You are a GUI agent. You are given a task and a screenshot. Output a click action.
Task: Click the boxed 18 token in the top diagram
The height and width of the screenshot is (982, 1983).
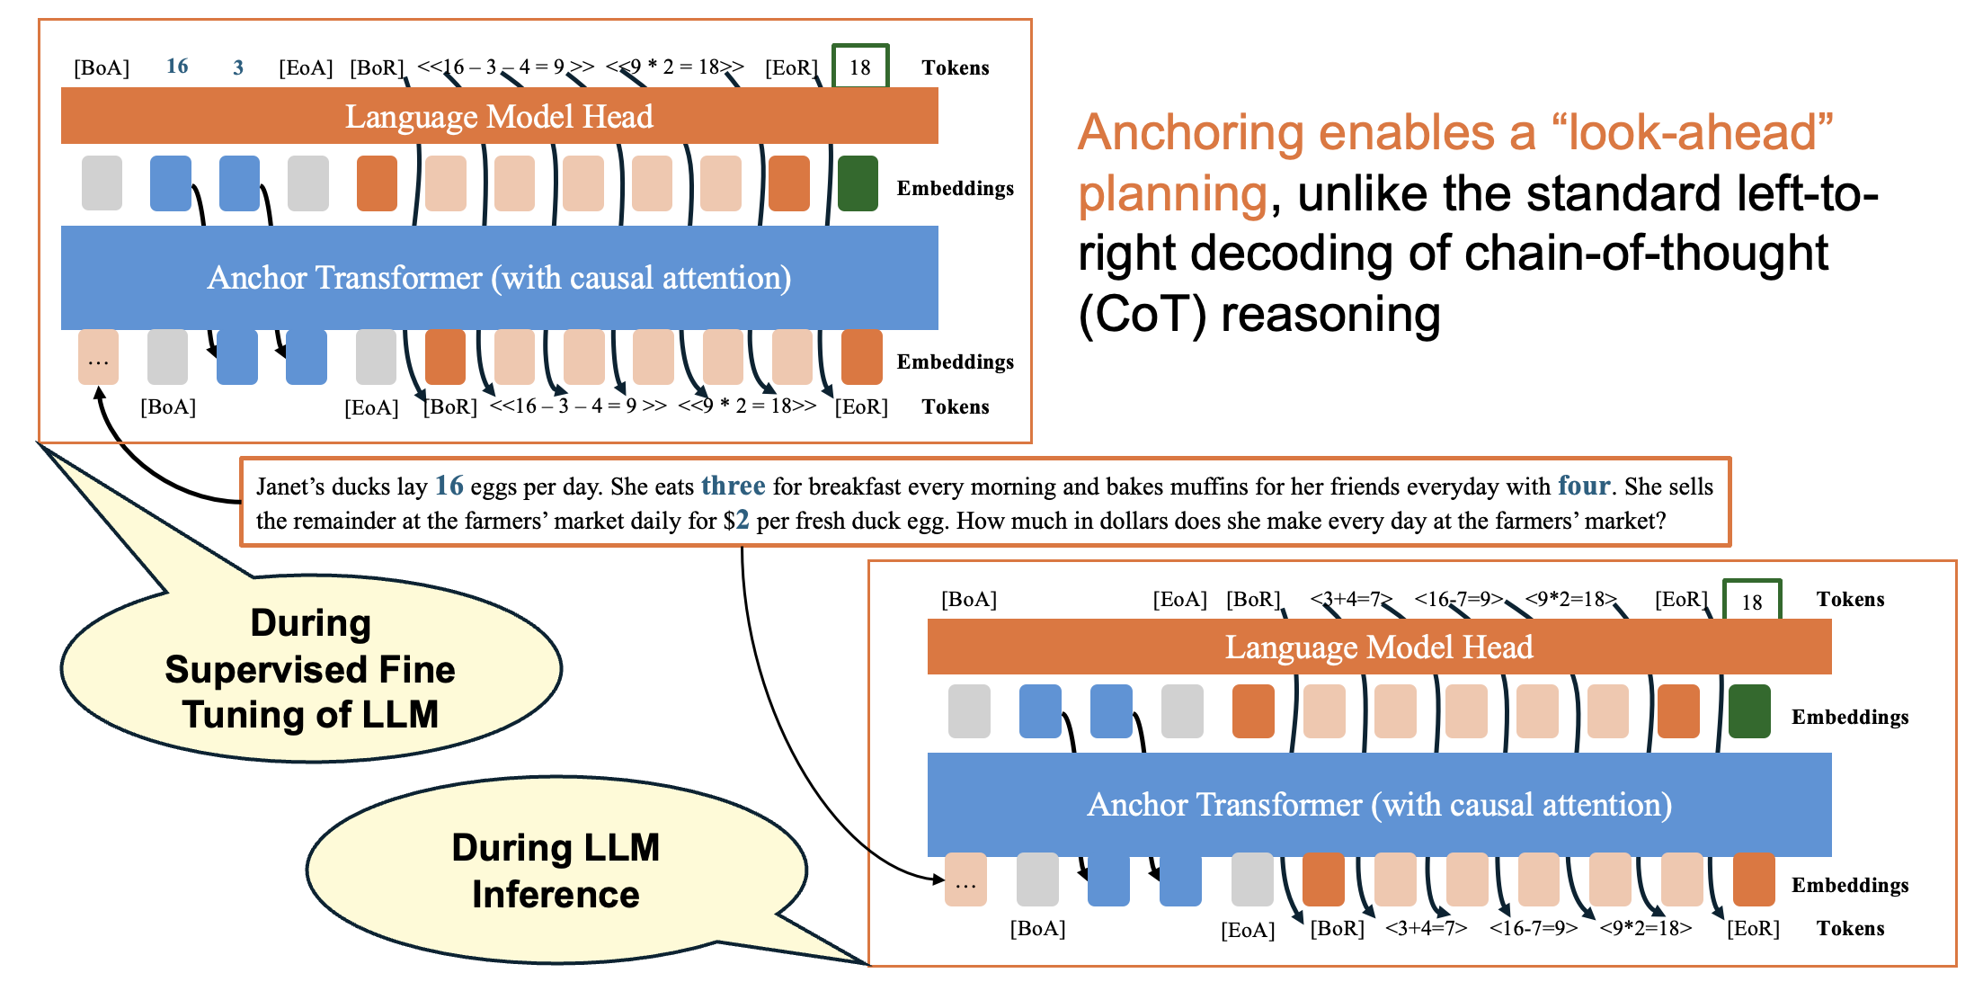[860, 66]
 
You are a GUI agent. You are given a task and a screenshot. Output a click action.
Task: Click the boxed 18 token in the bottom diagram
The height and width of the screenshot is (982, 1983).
[1752, 601]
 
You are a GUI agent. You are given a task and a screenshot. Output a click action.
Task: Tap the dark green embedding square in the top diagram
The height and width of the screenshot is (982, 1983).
[858, 183]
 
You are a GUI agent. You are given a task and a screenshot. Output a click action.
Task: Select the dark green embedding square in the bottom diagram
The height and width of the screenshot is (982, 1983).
[1749, 711]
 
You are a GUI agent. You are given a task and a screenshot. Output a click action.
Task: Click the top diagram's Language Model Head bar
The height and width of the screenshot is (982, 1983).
[500, 116]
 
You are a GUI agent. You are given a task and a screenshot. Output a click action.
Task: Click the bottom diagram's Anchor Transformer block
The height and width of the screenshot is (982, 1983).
[1380, 804]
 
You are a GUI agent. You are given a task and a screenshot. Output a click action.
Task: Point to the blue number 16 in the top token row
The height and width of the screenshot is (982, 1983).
[177, 66]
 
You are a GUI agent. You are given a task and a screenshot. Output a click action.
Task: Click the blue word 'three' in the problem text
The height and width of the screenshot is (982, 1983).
[734, 486]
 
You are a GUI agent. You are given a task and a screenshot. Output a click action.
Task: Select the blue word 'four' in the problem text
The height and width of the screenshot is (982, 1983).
[1584, 486]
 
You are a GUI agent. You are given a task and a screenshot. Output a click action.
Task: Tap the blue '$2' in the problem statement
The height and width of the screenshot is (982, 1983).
[736, 521]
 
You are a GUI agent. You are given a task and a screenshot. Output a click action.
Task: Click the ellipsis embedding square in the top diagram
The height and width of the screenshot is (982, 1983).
[98, 357]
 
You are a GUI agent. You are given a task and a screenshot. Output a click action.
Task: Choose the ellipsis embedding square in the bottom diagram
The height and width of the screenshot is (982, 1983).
[965, 879]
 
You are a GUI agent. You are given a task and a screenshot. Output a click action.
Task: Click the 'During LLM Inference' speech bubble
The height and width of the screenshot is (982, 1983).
[556, 870]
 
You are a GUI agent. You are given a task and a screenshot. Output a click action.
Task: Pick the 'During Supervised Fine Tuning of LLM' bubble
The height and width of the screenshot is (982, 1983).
[311, 668]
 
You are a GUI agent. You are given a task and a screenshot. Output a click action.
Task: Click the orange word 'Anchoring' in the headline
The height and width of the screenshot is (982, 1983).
[1190, 132]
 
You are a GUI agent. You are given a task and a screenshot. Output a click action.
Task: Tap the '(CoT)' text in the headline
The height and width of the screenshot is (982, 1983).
[1142, 315]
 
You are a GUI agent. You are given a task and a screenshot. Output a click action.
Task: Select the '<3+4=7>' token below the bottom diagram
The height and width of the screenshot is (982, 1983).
[1426, 928]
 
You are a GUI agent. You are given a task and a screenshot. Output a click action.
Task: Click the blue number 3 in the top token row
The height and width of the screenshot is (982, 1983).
[238, 67]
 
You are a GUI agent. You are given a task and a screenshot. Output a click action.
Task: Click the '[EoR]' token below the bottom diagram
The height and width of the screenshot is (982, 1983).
[1753, 928]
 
